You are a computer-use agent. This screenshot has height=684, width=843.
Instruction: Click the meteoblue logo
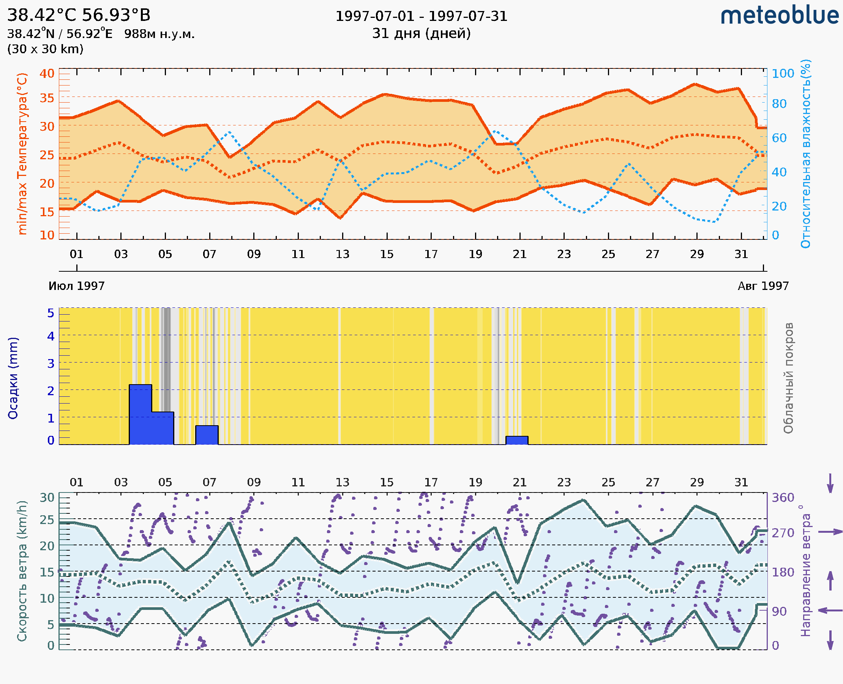(x=779, y=16)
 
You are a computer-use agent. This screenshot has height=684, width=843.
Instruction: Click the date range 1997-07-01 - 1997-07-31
(x=421, y=16)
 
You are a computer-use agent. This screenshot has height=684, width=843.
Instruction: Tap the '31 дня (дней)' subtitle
(x=421, y=33)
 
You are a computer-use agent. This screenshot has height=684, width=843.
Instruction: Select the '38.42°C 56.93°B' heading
(x=79, y=15)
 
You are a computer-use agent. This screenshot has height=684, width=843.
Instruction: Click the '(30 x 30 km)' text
(x=45, y=49)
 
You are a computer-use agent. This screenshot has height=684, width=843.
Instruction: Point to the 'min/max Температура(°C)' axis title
(x=22, y=154)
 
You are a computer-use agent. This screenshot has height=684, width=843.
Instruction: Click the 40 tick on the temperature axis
(x=47, y=74)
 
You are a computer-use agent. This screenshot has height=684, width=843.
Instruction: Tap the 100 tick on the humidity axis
(x=783, y=74)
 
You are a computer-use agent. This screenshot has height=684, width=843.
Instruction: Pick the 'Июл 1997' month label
(x=76, y=286)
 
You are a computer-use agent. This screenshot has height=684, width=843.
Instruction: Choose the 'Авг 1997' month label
(x=763, y=286)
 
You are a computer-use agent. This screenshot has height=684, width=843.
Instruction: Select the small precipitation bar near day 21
(x=516, y=440)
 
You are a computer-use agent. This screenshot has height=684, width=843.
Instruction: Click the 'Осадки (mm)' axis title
(x=13, y=378)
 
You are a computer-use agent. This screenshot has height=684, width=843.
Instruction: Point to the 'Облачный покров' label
(x=788, y=378)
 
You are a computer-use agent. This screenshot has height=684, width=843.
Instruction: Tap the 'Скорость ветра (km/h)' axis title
(x=22, y=571)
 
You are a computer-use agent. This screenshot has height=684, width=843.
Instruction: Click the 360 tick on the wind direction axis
(x=783, y=498)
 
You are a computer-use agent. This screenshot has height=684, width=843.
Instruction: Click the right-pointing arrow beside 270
(x=830, y=532)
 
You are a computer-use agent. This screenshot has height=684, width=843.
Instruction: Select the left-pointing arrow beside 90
(x=830, y=610)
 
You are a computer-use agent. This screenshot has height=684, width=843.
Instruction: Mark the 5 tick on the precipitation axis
(x=51, y=313)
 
